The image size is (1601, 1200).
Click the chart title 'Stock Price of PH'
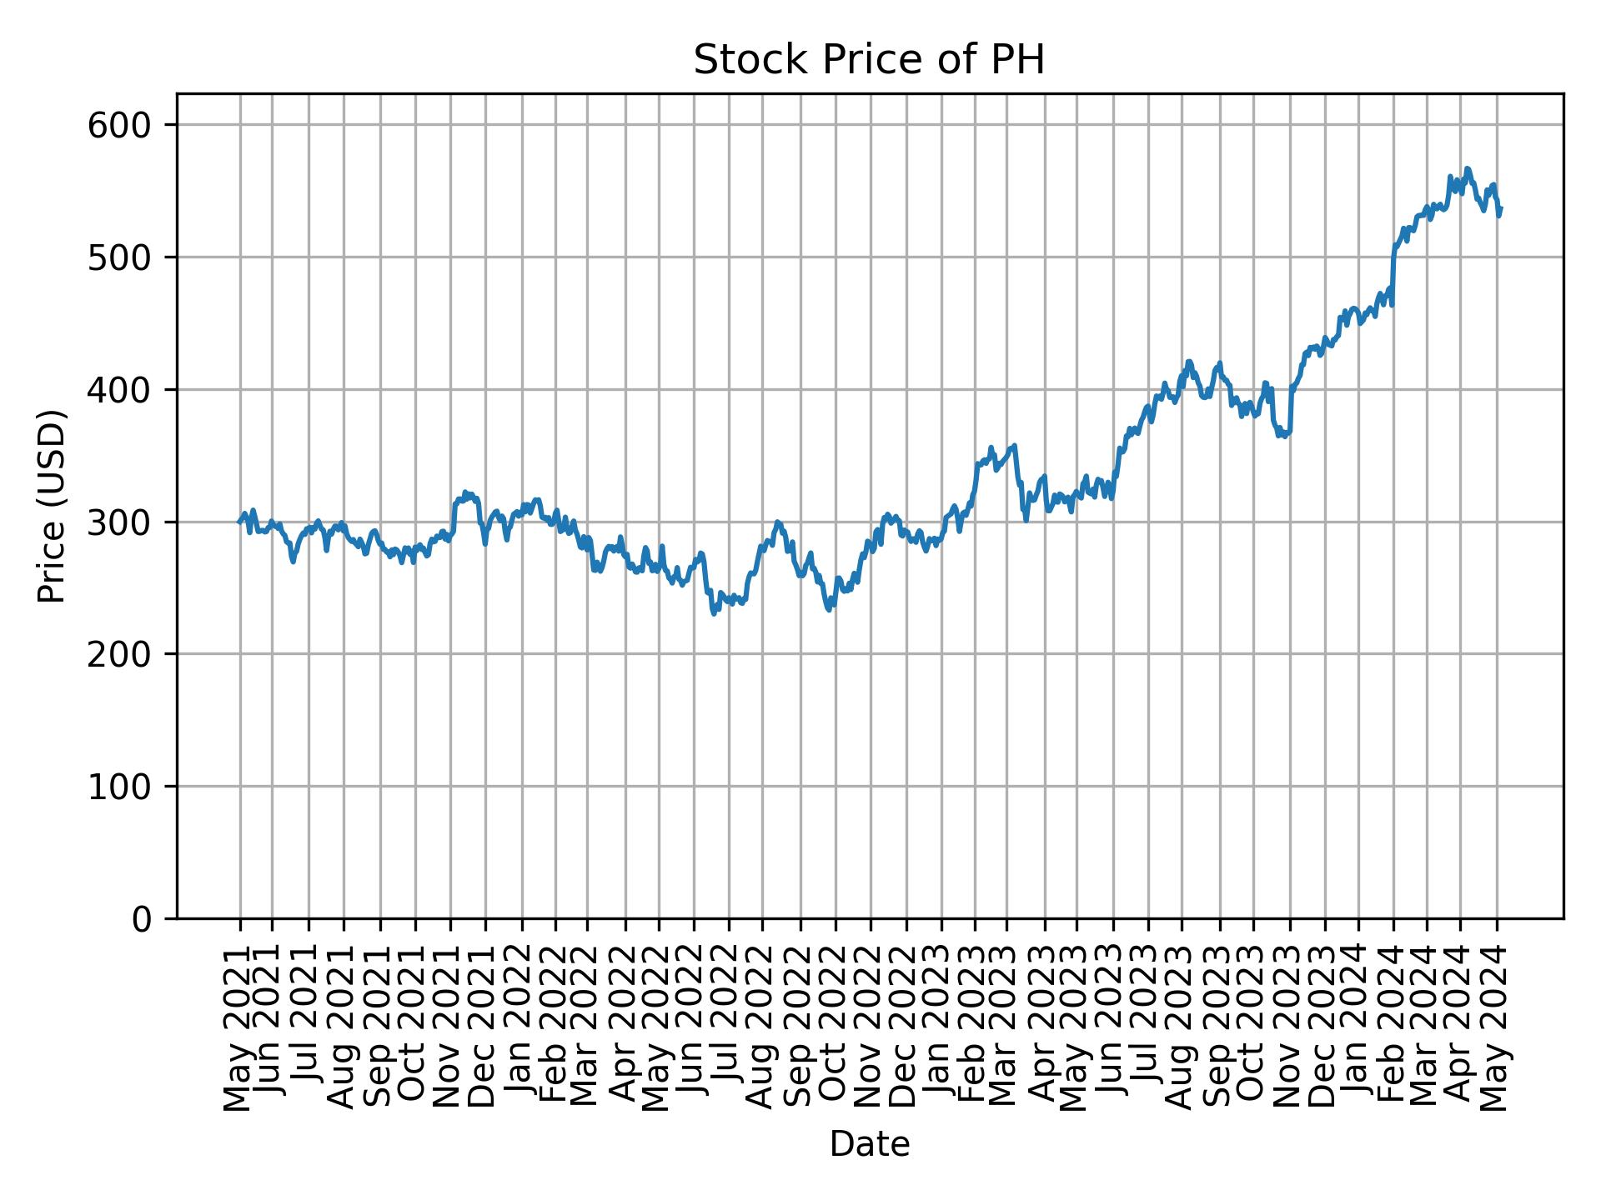point(869,60)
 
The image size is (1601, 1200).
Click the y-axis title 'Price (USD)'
point(52,506)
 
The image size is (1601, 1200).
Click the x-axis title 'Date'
point(869,1145)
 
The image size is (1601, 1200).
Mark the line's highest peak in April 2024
point(1467,168)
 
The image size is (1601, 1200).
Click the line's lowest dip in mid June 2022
point(714,614)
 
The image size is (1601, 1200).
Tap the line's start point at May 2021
point(239,522)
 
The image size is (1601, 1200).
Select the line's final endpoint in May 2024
point(1501,208)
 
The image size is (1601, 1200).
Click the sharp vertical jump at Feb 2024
point(1393,275)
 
